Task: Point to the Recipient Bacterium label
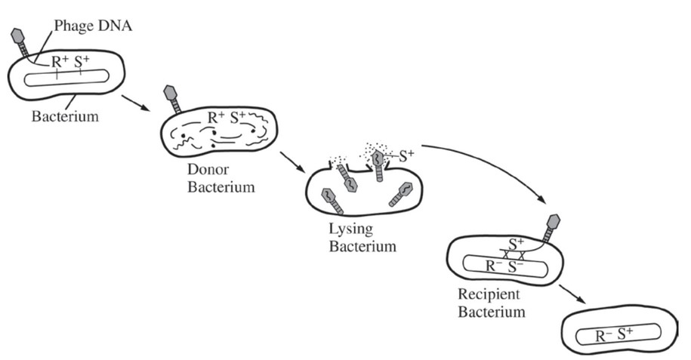(492, 301)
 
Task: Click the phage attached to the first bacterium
(22, 42)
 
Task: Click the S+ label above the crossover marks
(517, 244)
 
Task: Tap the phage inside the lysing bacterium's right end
(401, 195)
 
